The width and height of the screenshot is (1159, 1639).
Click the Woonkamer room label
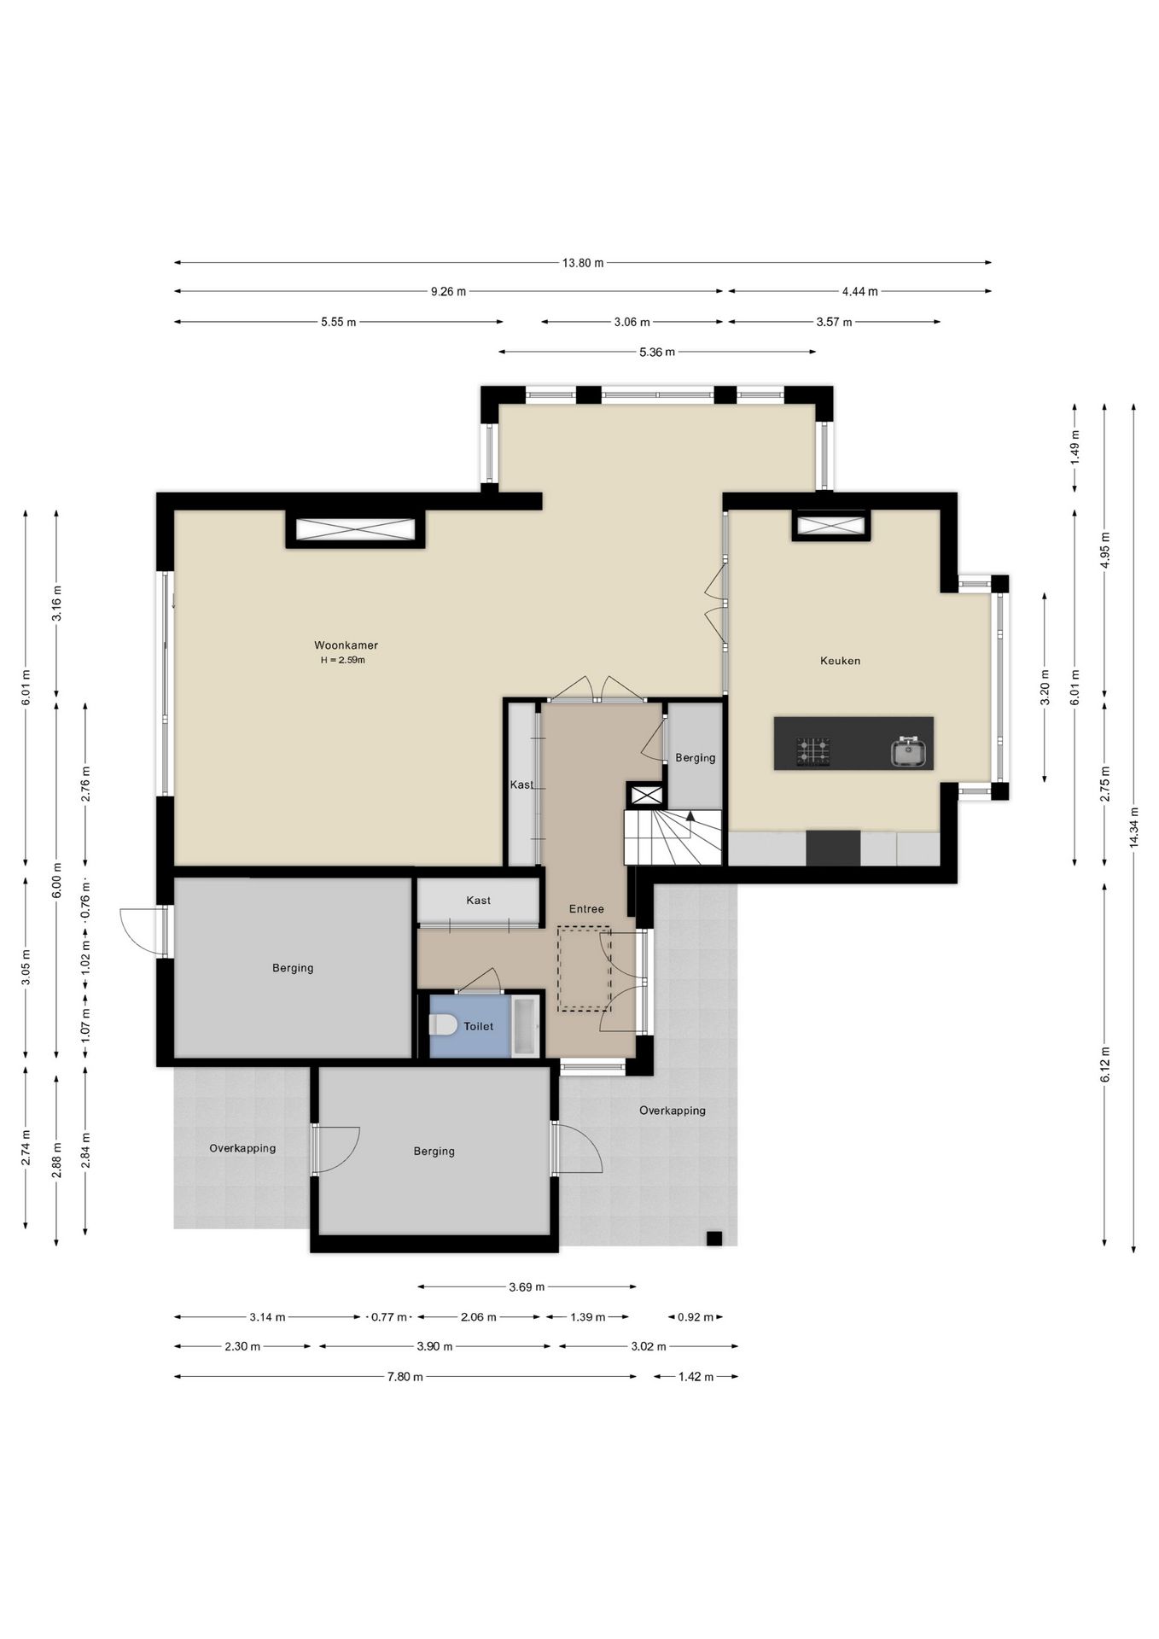point(346,645)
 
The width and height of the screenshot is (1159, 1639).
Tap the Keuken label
point(840,661)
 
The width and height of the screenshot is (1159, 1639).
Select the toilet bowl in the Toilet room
point(443,1024)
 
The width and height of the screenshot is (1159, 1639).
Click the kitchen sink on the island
point(909,751)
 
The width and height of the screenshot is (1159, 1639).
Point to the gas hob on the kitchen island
point(812,751)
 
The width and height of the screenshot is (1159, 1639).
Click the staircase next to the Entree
point(673,837)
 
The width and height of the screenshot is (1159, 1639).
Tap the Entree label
point(586,909)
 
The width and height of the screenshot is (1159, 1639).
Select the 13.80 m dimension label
point(583,263)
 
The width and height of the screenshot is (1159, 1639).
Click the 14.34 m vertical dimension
point(1133,827)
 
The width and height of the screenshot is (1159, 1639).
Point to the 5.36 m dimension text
point(657,352)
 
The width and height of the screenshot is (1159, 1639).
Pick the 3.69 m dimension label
point(527,1286)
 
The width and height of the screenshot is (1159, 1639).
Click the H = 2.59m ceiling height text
point(342,660)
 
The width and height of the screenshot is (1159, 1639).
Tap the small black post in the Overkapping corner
point(714,1239)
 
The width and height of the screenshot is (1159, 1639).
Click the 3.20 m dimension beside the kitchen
point(1045,687)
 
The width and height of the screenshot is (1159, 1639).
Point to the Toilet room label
point(479,1026)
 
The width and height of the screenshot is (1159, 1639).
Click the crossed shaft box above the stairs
point(646,796)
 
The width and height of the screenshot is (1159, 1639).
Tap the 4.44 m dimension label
point(859,291)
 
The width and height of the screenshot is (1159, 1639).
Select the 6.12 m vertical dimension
point(1105,1064)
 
